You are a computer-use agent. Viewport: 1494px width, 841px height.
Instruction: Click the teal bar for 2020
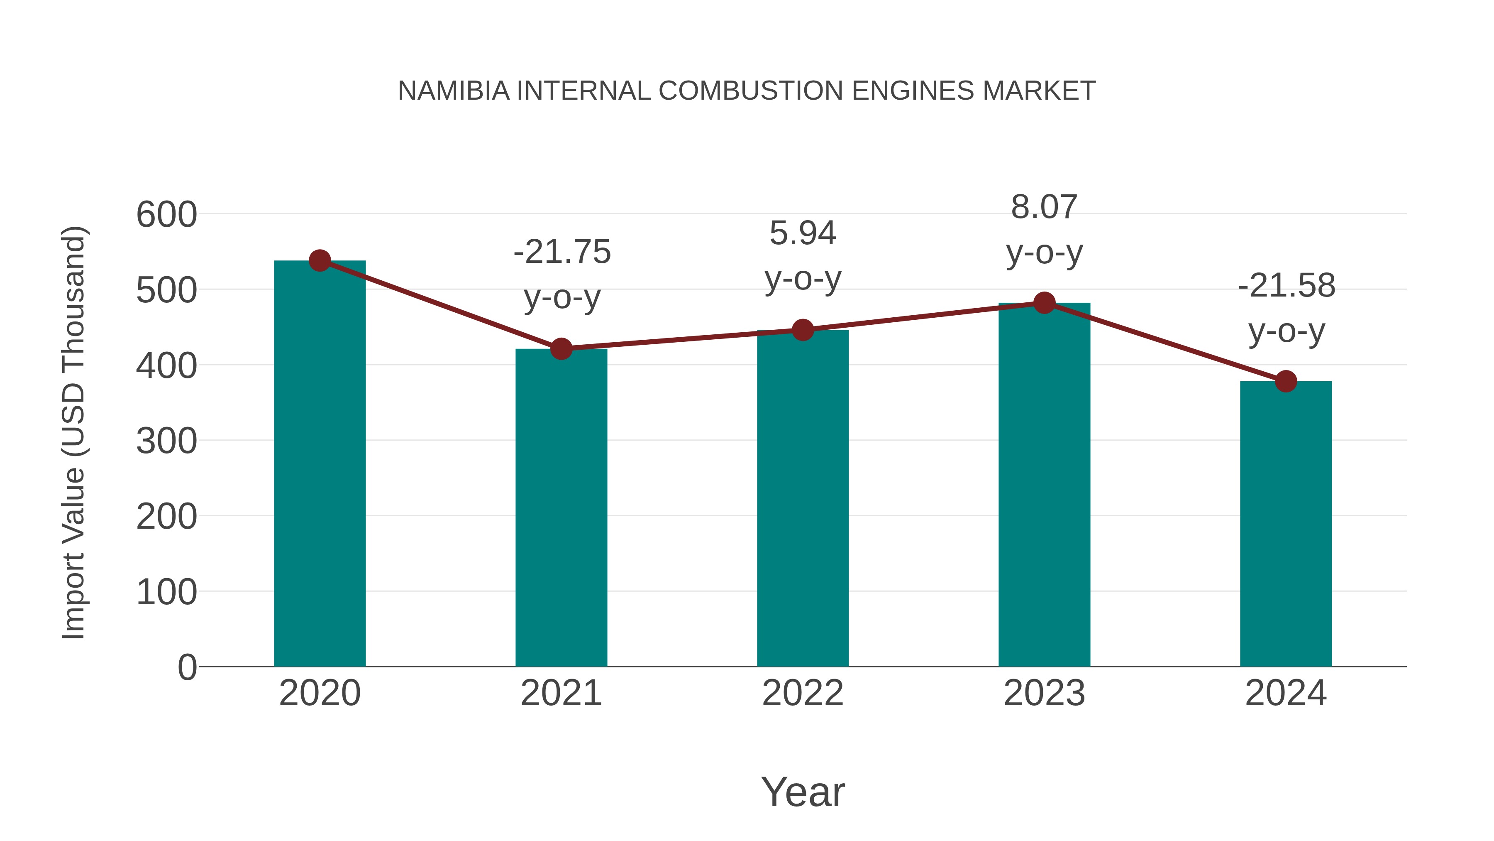320,464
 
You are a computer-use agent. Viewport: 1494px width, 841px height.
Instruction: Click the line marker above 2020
320,260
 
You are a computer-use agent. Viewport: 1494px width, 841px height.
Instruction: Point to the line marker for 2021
561,349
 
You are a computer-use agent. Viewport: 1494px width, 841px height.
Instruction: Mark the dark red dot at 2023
1044,303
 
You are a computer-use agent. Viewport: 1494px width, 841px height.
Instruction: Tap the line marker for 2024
1286,381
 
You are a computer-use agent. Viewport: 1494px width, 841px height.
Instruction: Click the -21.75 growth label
562,252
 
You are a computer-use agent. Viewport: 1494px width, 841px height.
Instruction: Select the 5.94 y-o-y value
803,233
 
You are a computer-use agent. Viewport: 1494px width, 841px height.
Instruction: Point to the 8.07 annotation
1044,207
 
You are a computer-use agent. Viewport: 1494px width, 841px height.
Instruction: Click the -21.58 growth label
1286,286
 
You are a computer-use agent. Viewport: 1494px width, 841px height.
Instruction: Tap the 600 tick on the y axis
166,215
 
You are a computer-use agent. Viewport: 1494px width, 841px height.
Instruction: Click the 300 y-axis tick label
166,441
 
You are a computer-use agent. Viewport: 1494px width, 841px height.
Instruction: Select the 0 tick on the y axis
187,667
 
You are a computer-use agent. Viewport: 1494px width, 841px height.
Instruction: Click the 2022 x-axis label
803,693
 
